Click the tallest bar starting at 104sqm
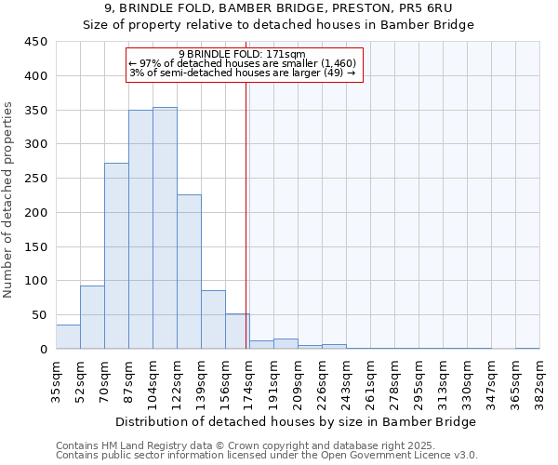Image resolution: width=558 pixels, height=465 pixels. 165,229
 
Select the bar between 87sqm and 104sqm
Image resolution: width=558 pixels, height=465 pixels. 140,230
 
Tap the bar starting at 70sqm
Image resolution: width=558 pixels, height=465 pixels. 116,257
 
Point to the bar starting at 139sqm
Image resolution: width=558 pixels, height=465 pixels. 213,320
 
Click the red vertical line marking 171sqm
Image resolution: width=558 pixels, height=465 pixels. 246,214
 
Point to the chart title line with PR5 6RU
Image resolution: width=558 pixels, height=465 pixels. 278,9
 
